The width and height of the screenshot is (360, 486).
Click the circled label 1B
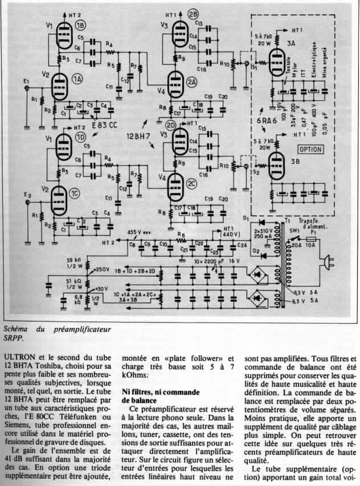[x=81, y=26]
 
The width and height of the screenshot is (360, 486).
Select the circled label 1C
[x=75, y=195]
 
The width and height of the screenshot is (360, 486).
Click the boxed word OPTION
[x=311, y=149]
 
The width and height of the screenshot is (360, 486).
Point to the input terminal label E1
[x=26, y=84]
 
